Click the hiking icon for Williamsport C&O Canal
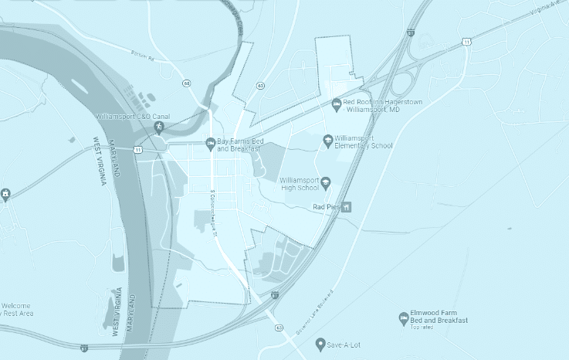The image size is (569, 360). pos(159,127)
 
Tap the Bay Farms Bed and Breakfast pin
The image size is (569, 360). pos(209,143)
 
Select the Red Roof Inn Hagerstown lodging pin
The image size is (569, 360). pos(336,104)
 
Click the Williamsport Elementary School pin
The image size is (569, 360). pos(328,140)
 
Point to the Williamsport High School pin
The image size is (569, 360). pos(325,183)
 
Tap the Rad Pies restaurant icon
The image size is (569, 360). pos(347,207)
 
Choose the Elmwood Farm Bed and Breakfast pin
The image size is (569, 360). pos(402,318)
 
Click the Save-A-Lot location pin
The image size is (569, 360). pos(320,344)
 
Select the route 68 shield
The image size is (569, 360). pos(187,83)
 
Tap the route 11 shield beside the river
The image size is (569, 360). pos(137,148)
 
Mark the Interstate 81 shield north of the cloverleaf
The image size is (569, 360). pos(411,33)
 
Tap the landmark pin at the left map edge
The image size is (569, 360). pos(5,193)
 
